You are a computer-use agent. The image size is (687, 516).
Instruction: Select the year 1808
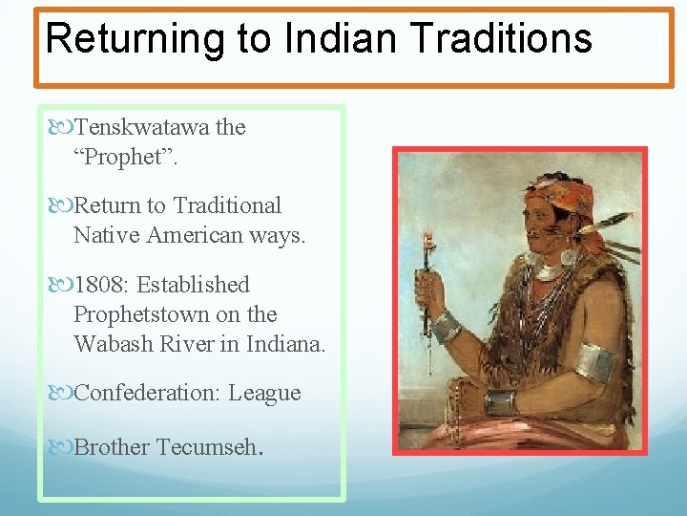(100, 285)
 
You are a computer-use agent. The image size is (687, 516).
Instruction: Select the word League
(264, 393)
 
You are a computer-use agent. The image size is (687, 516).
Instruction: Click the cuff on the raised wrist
(446, 329)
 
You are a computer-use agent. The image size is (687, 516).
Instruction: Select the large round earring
(570, 255)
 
